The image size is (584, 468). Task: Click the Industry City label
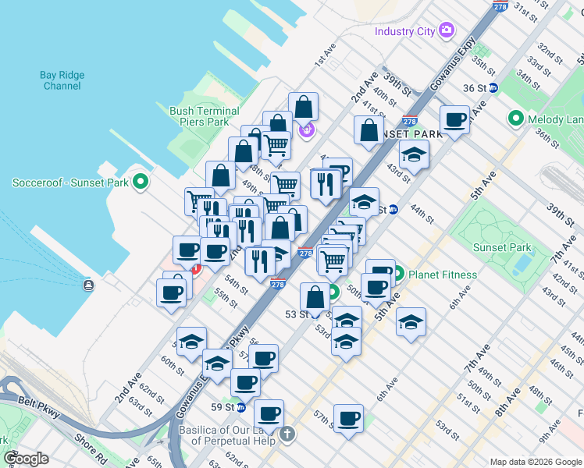404,31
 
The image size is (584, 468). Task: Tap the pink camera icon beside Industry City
447,31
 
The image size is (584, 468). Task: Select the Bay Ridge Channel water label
62,80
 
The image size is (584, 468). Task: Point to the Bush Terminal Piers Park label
199,116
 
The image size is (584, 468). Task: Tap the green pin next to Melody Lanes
515,119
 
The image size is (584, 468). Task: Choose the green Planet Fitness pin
398,274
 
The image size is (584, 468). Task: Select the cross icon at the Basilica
287,433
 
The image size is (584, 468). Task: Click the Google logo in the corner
26,459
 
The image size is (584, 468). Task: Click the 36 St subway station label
474,88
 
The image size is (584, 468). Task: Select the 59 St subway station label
223,406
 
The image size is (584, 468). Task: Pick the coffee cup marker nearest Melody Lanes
454,120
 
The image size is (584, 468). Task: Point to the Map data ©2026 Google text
535,461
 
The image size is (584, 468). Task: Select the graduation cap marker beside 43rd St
414,154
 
